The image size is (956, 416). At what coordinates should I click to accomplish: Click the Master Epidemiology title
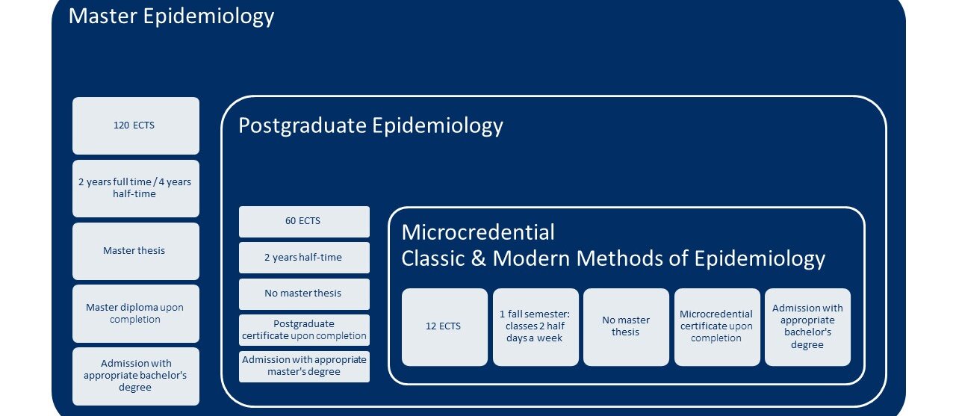point(171,17)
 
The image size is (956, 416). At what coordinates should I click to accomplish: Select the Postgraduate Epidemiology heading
point(370,126)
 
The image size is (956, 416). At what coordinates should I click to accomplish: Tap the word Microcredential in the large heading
point(478,232)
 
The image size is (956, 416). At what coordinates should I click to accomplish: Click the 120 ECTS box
point(136,126)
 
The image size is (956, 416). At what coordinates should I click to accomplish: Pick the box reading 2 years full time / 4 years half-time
point(136,189)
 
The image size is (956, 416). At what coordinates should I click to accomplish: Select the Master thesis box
point(136,251)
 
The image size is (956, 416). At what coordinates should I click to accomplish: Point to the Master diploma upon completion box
point(136,314)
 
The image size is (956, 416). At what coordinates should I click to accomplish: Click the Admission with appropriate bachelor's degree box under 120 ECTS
point(136,376)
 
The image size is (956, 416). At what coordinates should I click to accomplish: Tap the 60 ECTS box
point(304,222)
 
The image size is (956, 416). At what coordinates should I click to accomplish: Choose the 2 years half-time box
point(304,258)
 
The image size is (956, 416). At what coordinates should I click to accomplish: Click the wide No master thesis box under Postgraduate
point(304,294)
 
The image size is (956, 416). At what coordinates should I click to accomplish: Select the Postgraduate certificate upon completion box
point(304,330)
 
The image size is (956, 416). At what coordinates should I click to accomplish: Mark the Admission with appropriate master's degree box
point(304,367)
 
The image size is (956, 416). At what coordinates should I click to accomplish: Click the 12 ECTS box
point(444,327)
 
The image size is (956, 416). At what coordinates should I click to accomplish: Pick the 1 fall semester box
point(536,327)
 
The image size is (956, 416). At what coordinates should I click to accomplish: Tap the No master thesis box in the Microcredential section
point(626,327)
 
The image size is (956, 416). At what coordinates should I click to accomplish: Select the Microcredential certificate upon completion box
point(717,327)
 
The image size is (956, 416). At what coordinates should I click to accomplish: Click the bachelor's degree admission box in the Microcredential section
point(807,327)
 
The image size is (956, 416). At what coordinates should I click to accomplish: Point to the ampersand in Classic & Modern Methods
point(479,258)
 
